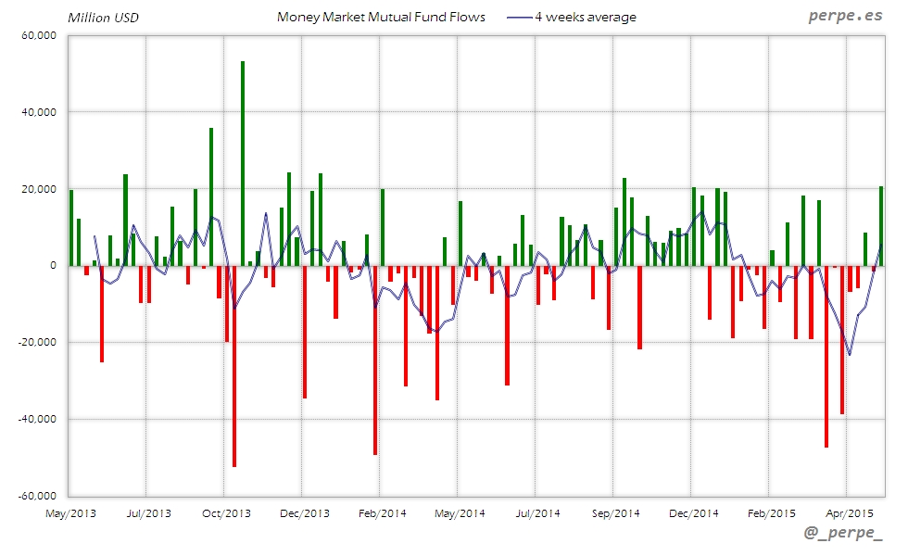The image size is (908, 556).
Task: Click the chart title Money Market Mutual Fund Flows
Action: [381, 17]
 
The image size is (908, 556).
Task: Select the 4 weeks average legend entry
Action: [585, 17]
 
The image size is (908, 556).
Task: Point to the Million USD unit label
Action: [103, 18]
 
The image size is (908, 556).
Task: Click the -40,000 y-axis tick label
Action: [37, 419]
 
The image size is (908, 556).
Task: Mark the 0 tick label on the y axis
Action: [53, 266]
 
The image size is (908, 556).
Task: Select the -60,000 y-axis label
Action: [37, 496]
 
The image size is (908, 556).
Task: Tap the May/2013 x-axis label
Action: [70, 512]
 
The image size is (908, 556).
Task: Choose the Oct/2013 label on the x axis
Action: [226, 512]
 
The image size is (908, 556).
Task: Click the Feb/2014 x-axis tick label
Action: [382, 512]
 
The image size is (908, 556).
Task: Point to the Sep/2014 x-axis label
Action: [615, 512]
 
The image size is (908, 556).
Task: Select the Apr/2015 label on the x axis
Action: [849, 512]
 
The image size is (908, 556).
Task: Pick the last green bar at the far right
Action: [881, 226]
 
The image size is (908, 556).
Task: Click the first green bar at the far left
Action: [71, 228]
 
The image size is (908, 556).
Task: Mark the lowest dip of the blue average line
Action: [850, 355]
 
